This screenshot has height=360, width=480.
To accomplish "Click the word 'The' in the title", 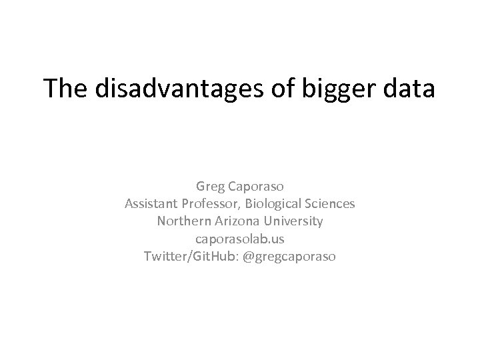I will pyautogui.click(x=66, y=89).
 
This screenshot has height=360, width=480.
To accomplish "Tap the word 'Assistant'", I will pyautogui.click(x=151, y=203).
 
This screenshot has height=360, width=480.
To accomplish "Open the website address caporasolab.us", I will pyautogui.click(x=240, y=238).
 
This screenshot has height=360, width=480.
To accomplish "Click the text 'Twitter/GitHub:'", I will pyautogui.click(x=183, y=255).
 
